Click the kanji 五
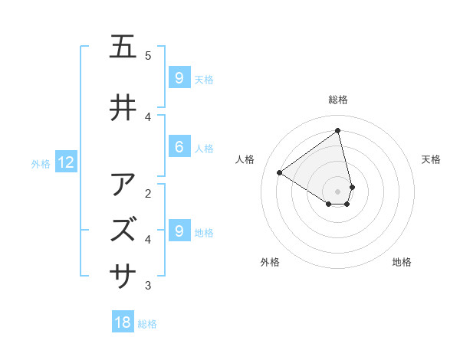123,47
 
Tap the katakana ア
123,185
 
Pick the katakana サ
123,273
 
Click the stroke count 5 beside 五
148,56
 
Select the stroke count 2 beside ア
148,193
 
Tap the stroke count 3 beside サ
148,286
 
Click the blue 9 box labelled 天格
179,77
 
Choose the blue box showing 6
179,147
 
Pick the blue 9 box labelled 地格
179,231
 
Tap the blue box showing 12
65,162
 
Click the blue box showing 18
123,322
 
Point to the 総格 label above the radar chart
338,100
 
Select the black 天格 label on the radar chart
431,159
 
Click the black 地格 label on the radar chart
402,262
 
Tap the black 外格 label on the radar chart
270,262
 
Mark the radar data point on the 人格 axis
280,172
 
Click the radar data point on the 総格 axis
338,130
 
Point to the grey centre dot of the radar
338,191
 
